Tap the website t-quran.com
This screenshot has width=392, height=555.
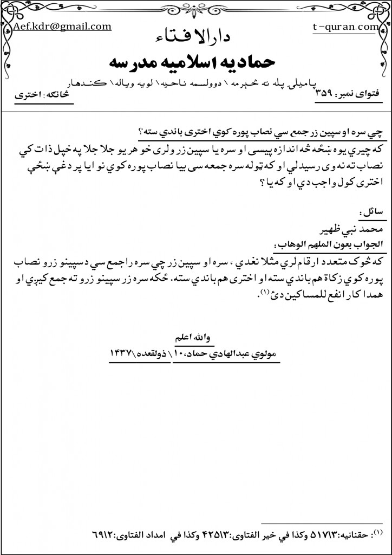[x=345, y=26]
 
